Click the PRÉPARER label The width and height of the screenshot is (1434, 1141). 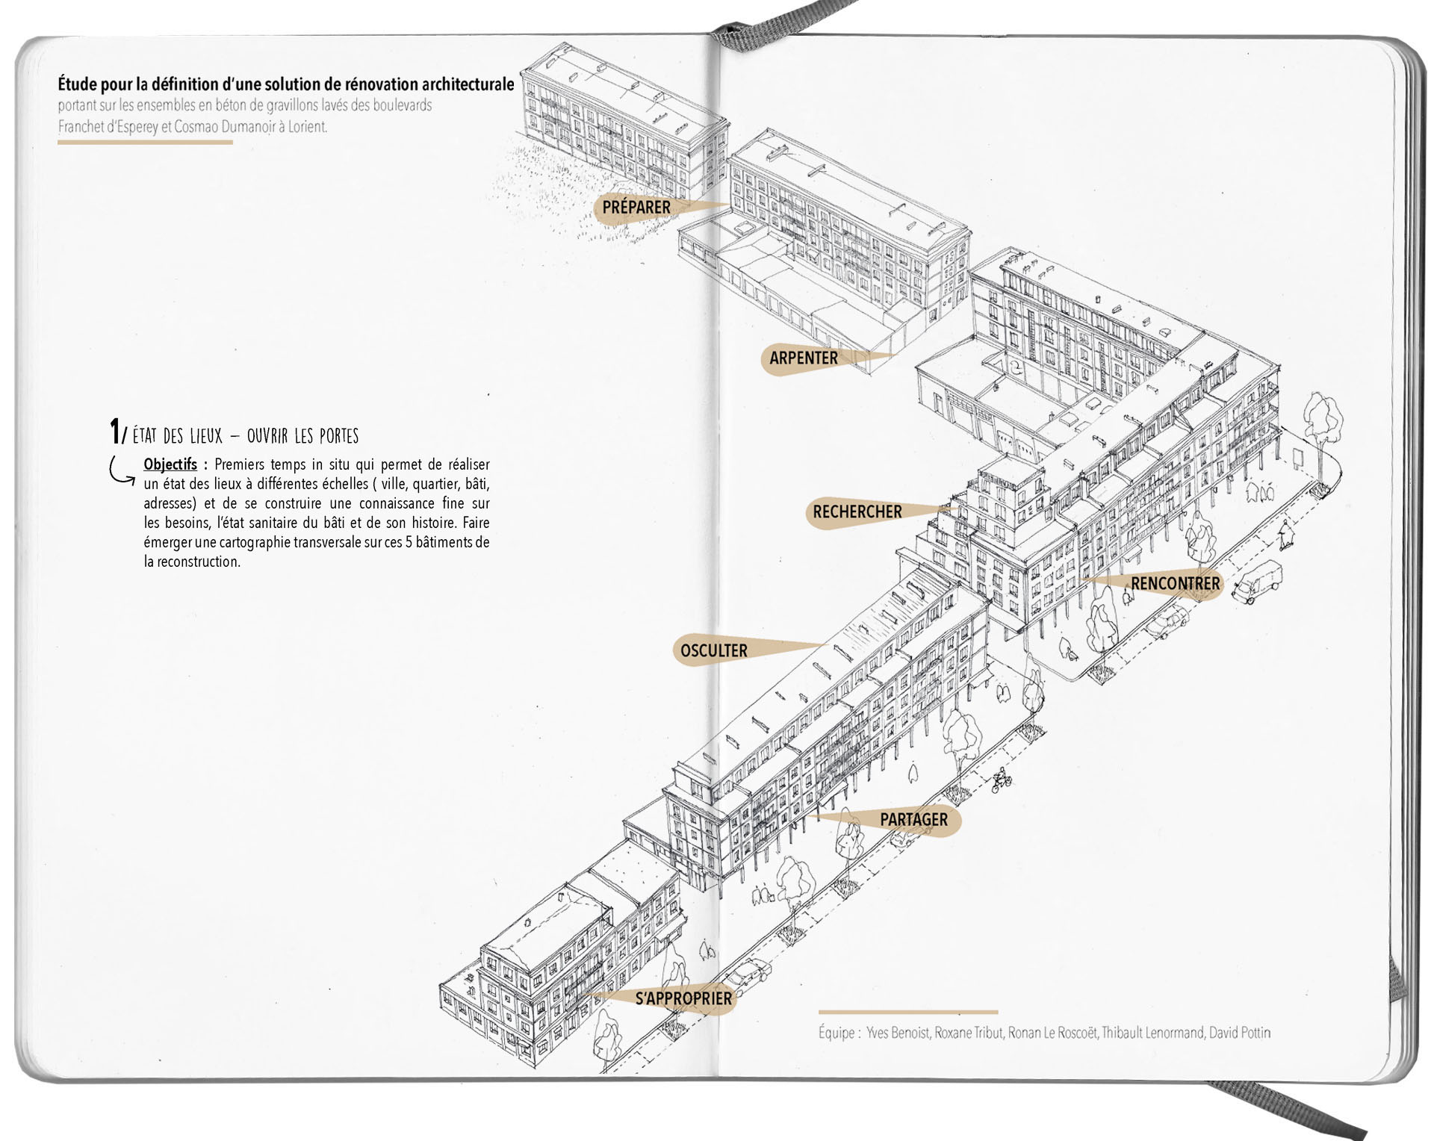click(x=636, y=207)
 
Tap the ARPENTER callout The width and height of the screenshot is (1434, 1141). click(x=804, y=358)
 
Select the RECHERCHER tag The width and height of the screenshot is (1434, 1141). click(x=857, y=512)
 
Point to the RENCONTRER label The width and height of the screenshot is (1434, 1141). click(x=1175, y=583)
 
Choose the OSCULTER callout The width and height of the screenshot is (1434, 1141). click(x=713, y=650)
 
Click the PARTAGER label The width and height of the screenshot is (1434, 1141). click(x=913, y=819)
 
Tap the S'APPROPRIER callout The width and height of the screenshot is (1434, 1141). click(x=683, y=998)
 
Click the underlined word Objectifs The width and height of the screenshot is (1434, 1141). click(x=170, y=464)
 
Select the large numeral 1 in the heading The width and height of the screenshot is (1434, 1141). click(x=114, y=432)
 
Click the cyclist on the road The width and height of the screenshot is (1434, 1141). click(x=1002, y=780)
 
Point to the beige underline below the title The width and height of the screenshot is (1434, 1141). click(x=145, y=142)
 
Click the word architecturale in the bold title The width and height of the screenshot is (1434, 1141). click(x=468, y=84)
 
